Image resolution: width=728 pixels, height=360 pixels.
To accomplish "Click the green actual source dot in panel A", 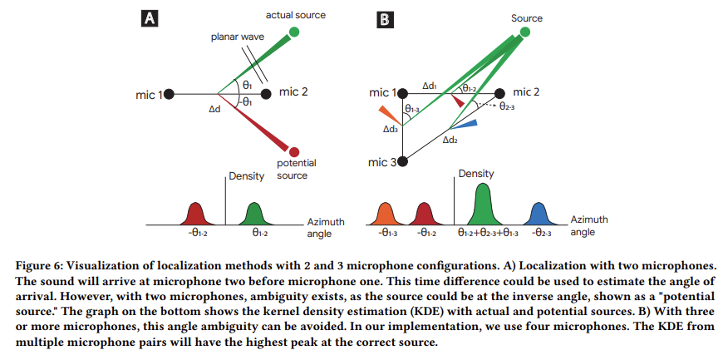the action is [293, 32].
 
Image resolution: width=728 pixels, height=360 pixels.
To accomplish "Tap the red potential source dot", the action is [294, 152].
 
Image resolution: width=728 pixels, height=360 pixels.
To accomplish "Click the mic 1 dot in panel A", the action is [169, 94].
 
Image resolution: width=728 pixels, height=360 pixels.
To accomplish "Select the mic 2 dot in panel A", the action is [266, 94].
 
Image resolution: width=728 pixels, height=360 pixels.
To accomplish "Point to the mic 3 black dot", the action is [402, 161].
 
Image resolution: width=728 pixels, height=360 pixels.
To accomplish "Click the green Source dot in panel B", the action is [524, 32].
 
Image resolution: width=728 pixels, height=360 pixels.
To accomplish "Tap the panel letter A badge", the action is [150, 19].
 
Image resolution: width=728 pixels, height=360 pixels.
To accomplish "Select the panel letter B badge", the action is [386, 19].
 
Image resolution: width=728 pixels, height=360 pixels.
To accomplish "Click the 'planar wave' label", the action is [237, 37].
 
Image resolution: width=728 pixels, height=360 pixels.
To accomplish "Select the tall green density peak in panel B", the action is [484, 205].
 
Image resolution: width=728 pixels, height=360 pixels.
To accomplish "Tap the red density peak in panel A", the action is [195, 215].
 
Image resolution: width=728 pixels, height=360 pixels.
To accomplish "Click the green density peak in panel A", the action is [254, 215].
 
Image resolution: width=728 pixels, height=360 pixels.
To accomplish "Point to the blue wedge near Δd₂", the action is [465, 124].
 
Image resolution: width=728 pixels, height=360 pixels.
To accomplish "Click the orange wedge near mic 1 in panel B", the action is [390, 116].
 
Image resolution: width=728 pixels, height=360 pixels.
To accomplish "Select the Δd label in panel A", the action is [214, 109].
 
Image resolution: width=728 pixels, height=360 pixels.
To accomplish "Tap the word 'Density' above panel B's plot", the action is [476, 174].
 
